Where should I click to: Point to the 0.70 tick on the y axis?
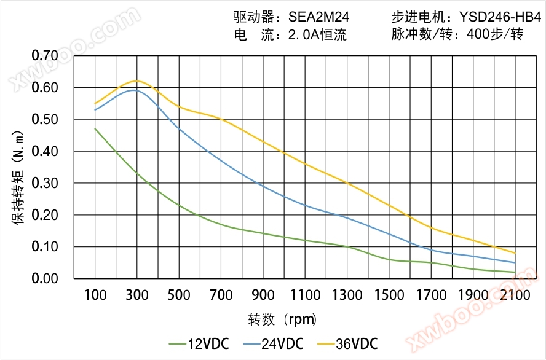coord(45,56)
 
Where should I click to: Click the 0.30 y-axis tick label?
coord(45,183)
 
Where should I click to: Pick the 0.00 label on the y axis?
coord(45,279)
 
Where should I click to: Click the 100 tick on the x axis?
coord(95,295)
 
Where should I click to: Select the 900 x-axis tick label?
coord(263,295)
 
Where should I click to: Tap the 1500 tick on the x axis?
coord(389,295)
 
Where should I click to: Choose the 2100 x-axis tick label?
coord(515,295)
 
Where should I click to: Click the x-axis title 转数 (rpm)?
coord(282,319)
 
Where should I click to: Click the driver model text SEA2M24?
coord(318,17)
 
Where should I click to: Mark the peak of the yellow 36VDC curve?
coord(136,80)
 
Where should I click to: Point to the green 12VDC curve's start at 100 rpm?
coord(95,129)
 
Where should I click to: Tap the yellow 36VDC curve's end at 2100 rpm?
coord(515,253)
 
